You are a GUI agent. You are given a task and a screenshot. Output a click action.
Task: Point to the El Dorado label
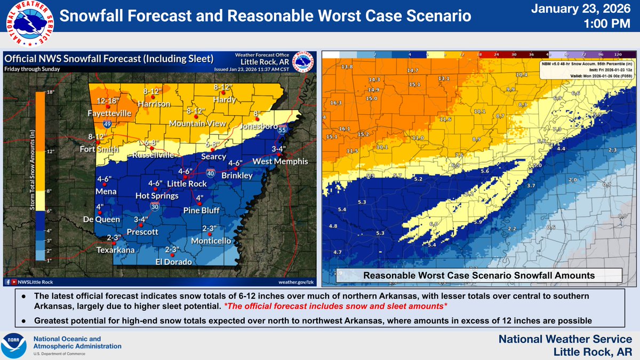[x=173, y=262]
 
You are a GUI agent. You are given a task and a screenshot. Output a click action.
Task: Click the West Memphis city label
[x=273, y=161]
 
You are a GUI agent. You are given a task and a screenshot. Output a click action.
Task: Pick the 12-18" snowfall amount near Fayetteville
[x=108, y=101]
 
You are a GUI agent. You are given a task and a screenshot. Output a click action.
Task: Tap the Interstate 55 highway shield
[x=283, y=129]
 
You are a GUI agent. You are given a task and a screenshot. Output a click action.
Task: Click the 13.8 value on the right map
[x=347, y=67]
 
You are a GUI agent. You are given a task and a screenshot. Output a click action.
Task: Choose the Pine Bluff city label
[x=202, y=210]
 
